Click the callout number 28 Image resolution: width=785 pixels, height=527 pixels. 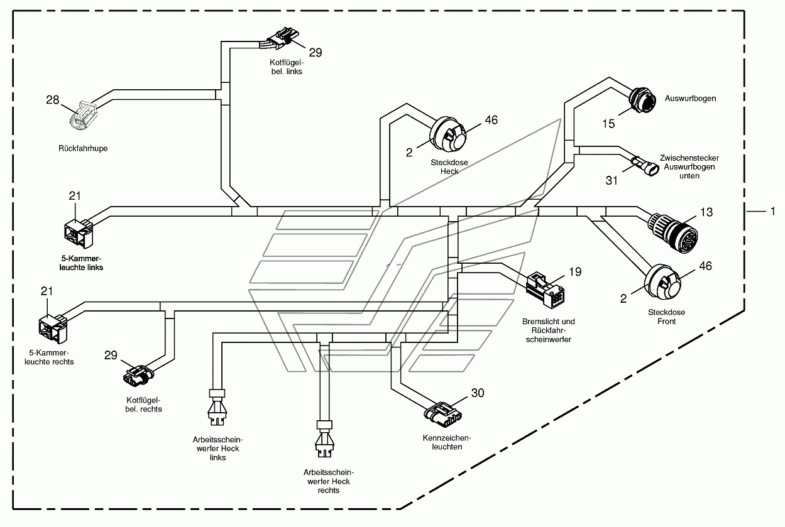53,100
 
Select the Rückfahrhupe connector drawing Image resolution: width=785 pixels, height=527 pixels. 83,116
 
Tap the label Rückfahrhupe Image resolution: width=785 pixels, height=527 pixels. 83,148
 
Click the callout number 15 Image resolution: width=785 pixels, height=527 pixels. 608,124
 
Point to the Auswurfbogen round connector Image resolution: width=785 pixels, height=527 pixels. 642,101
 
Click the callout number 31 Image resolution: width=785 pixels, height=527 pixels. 612,181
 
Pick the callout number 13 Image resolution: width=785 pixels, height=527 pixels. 706,212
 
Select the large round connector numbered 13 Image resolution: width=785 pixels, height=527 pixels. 673,232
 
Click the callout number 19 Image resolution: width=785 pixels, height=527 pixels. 575,272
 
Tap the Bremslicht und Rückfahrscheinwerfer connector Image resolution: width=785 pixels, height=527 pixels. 545,290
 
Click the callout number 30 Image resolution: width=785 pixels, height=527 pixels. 478,393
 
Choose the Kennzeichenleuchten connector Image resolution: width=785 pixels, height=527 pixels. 443,415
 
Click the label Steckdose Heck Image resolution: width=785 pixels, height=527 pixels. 449,167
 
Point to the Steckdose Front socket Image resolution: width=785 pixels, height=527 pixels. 662,281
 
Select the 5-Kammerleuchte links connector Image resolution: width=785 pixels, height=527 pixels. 79,233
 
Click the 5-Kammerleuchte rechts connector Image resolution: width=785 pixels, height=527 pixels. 53,328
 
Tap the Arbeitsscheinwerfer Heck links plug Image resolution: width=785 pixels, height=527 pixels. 217,407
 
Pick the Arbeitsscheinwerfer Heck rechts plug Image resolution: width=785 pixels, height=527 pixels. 324,439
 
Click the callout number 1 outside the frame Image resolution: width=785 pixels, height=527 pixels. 772,211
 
